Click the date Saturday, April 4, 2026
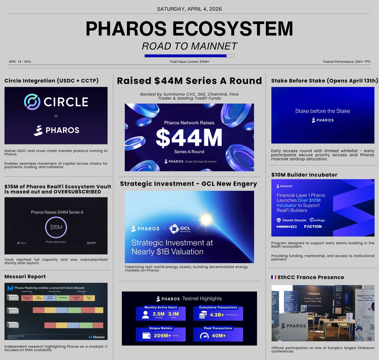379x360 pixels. point(189,9)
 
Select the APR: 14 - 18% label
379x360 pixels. point(20,62)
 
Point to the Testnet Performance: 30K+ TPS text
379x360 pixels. point(346,62)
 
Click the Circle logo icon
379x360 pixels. point(32,102)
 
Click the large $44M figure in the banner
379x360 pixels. point(189,138)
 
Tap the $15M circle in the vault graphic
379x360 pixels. point(56,227)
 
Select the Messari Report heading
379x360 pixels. point(25,277)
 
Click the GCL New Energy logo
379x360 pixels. point(180,229)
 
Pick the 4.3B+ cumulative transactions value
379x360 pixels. point(217,315)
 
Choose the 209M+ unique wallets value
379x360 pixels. point(162,335)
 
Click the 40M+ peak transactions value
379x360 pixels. point(219,335)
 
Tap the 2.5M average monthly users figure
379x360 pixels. point(159,314)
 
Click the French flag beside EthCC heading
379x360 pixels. point(274,277)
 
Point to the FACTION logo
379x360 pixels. point(313,226)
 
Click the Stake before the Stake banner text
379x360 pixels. point(322,111)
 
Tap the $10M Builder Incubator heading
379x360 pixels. point(304,175)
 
